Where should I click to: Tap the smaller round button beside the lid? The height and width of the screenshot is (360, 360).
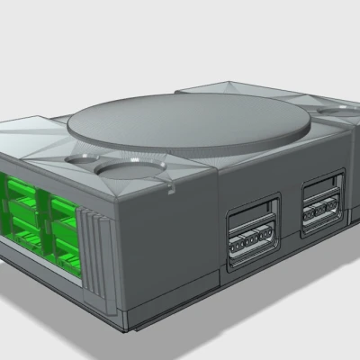pos(130,166)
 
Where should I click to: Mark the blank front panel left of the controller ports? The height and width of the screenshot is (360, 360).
pos(166,243)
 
